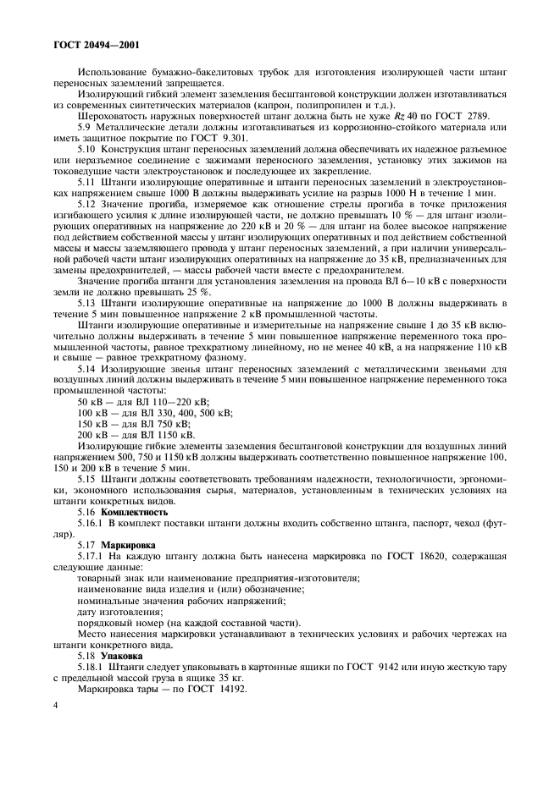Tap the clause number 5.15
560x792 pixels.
point(87,479)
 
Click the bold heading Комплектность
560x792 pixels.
point(135,512)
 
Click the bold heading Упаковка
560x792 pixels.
point(122,655)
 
